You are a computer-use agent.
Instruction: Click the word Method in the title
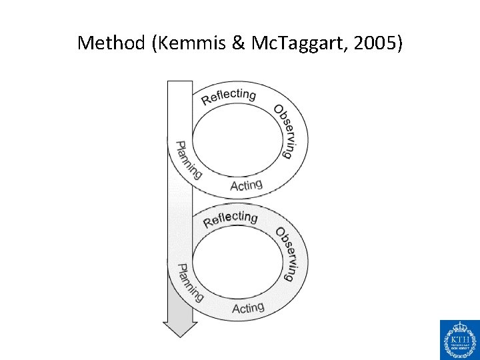coord(111,44)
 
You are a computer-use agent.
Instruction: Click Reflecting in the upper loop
coord(228,96)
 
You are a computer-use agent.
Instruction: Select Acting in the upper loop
coord(246,185)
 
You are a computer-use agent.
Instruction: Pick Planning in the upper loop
coord(187,160)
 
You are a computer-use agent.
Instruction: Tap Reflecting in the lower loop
coord(230,219)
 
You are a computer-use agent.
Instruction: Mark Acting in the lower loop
coord(248,308)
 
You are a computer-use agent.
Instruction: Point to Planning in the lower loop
coord(189,283)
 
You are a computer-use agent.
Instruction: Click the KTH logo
coord(459,339)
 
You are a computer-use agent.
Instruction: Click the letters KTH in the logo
coord(459,341)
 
